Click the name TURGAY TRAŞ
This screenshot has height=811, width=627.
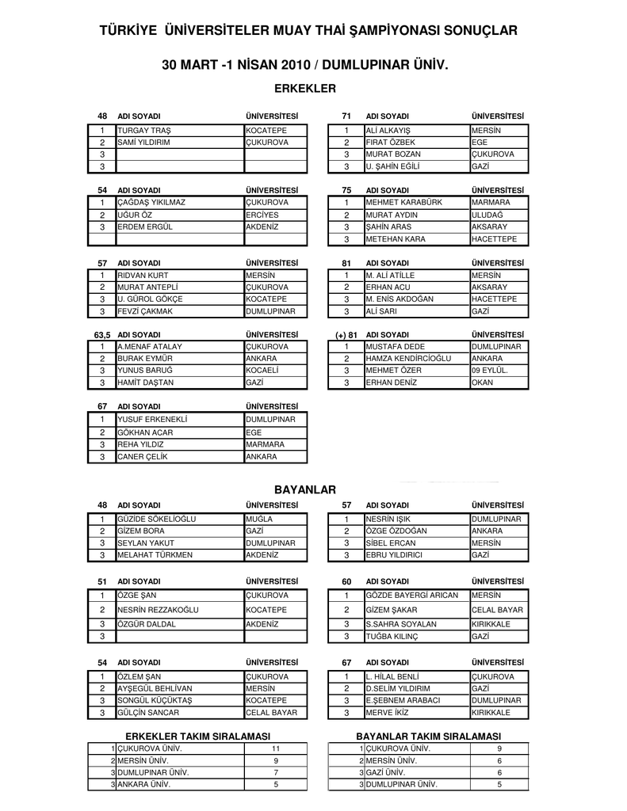tap(144, 130)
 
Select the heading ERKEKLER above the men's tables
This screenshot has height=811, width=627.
tap(305, 87)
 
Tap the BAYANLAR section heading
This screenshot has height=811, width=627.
tap(305, 490)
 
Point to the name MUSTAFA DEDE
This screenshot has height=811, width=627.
tap(396, 347)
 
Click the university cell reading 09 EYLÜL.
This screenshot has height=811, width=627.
tap(490, 371)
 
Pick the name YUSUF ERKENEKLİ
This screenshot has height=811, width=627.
tap(153, 419)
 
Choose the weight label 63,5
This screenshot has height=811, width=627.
tap(101, 335)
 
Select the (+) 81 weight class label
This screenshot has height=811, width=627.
tap(346, 335)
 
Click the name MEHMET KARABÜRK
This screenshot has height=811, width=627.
tap(404, 202)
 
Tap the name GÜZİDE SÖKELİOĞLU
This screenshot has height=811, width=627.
tap(157, 519)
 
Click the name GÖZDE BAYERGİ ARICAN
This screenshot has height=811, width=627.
tap(412, 595)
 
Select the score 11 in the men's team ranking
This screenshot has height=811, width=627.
tap(276, 748)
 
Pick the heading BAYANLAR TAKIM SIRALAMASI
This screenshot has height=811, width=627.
tap(428, 737)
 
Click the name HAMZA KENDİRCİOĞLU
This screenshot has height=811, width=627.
tap(408, 359)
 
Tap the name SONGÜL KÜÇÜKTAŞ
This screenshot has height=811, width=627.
tap(155, 701)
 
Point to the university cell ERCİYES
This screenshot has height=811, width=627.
tap(262, 215)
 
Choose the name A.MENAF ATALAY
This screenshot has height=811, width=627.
tap(150, 347)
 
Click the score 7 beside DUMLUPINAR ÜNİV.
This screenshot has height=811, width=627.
tap(276, 772)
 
